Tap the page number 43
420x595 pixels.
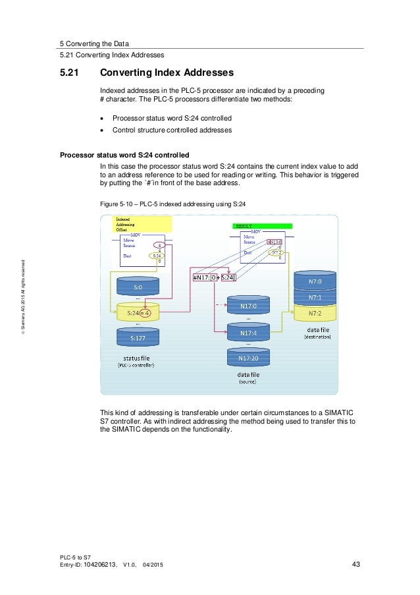(x=356, y=564)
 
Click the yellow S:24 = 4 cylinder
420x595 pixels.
(x=138, y=313)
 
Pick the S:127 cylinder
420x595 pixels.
(x=138, y=338)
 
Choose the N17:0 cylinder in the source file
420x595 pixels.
(x=248, y=306)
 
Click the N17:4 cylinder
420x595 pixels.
(x=248, y=333)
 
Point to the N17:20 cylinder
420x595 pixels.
(x=248, y=358)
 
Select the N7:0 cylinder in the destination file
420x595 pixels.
(x=315, y=281)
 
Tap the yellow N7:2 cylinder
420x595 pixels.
(x=315, y=312)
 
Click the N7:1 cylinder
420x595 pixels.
(x=315, y=297)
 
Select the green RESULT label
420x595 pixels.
(x=245, y=226)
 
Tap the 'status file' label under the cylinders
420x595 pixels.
(x=136, y=358)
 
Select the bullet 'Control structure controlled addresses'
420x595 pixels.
(x=172, y=130)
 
